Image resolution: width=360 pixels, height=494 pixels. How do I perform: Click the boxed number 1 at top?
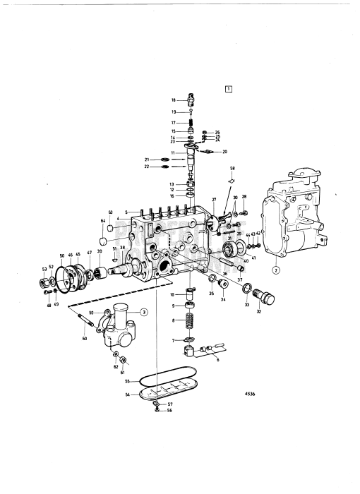pyautogui.click(x=228, y=89)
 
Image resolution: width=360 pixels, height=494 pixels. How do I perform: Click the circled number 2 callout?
pyautogui.click(x=276, y=270)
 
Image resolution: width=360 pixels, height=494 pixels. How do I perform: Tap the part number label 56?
pyautogui.click(x=170, y=410)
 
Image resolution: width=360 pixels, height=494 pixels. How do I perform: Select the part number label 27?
pyautogui.click(x=214, y=201)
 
